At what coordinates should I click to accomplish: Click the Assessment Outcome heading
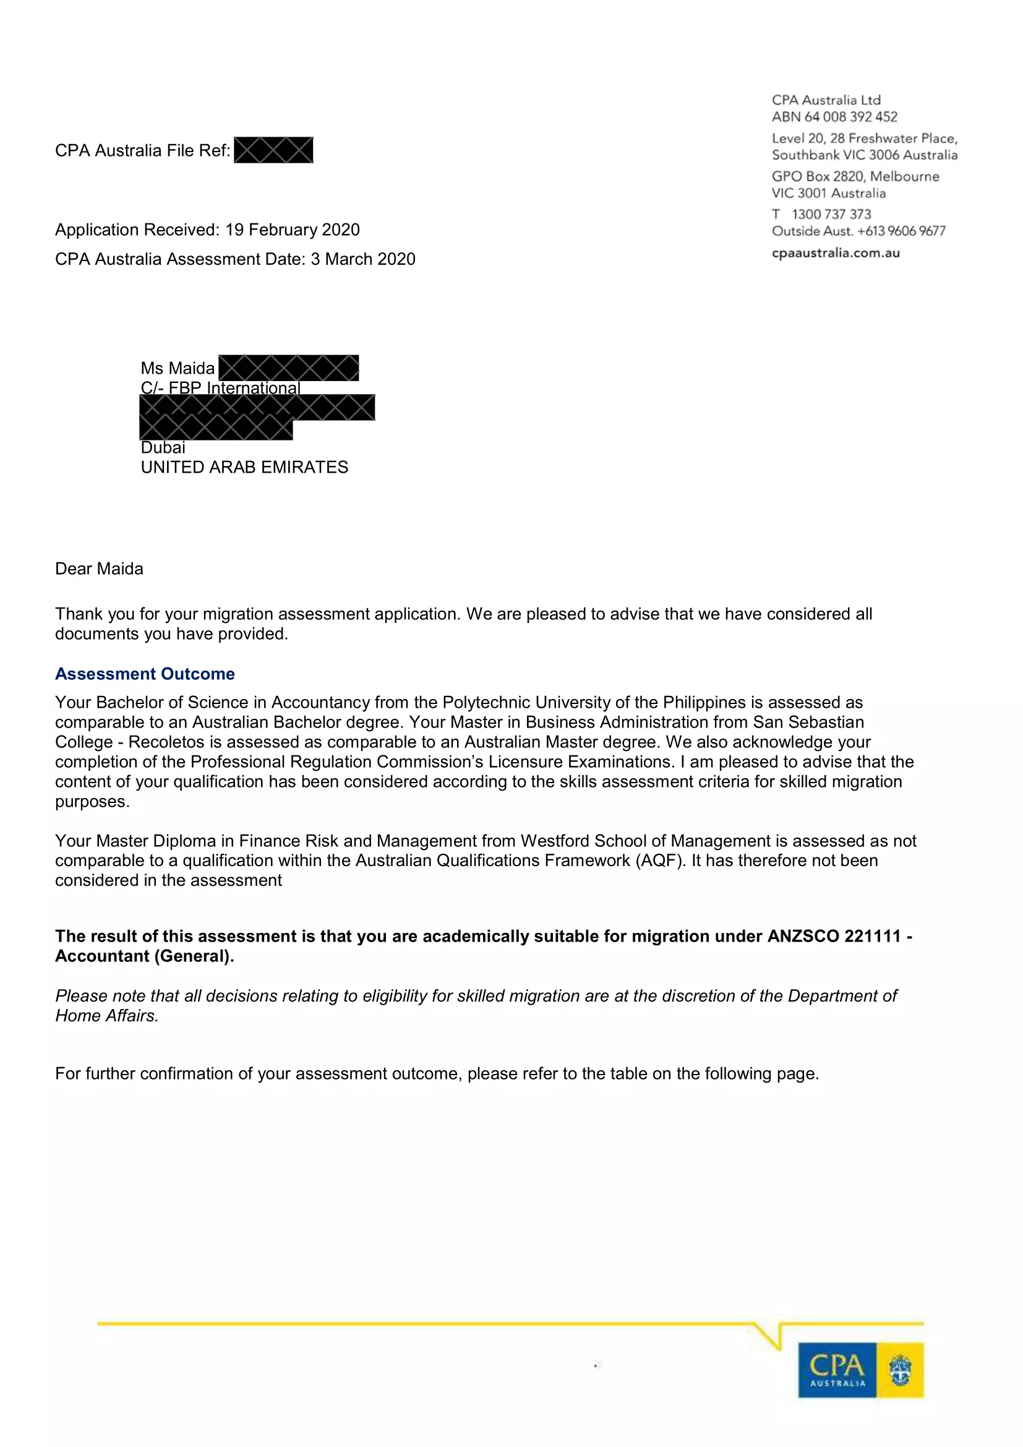(x=145, y=674)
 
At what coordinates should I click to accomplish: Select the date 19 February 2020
(x=293, y=230)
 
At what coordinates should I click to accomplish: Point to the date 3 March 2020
(x=363, y=259)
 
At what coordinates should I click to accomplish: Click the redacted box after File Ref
(x=273, y=150)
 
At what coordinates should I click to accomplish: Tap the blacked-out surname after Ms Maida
(x=288, y=368)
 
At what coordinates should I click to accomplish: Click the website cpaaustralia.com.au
(x=836, y=253)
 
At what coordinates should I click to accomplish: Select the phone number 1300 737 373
(x=831, y=214)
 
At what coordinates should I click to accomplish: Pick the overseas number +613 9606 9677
(x=901, y=231)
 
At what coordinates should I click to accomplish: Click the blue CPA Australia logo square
(x=837, y=1370)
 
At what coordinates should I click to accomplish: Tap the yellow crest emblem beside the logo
(x=900, y=1370)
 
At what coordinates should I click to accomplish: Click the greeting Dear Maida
(x=99, y=569)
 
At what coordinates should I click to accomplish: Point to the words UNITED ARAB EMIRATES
(x=244, y=467)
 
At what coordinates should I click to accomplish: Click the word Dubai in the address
(x=163, y=447)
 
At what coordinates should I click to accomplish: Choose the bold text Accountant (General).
(x=144, y=956)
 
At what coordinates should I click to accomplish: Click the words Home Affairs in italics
(x=106, y=1016)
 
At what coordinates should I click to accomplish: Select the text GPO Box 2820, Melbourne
(x=855, y=176)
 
